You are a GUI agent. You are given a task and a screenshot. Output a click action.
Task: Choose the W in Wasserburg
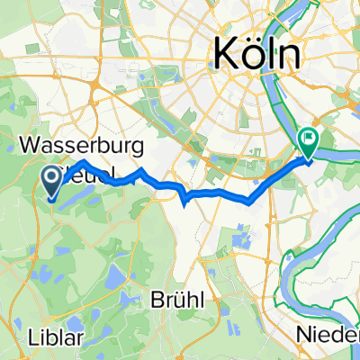pyautogui.click(x=31, y=143)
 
